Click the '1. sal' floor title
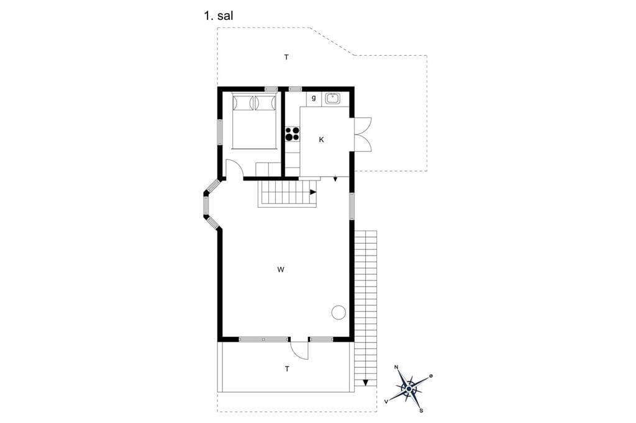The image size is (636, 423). click(x=218, y=16)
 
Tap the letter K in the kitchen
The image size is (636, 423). click(x=321, y=140)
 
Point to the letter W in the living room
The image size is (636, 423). click(x=281, y=270)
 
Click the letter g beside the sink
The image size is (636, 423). click(x=314, y=98)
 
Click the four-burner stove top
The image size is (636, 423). click(x=292, y=134)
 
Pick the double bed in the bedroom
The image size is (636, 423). click(x=254, y=121)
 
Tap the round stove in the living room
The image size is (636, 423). click(x=338, y=313)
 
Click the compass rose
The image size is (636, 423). click(x=409, y=389)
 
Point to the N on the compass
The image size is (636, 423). click(x=396, y=367)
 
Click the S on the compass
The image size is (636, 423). click(x=421, y=411)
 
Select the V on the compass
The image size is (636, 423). click(x=386, y=401)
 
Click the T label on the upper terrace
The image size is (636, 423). click(x=286, y=58)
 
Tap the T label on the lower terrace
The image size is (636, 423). click(x=287, y=369)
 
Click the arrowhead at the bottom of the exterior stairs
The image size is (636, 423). click(x=366, y=383)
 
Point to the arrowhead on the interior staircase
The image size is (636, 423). click(x=313, y=192)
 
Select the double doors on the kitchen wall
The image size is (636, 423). click(x=363, y=135)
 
